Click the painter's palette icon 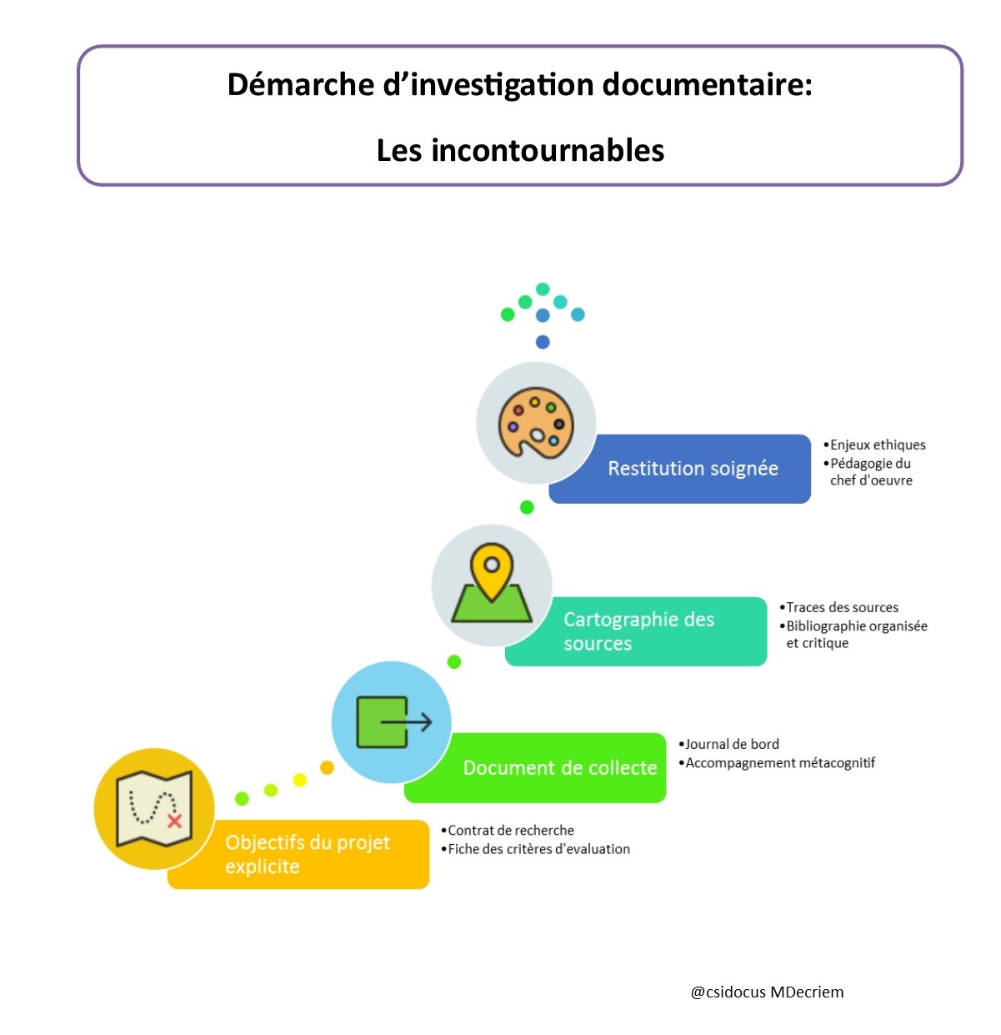pyautogui.click(x=535, y=422)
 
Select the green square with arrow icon pyautogui.click(x=393, y=721)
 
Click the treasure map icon pyautogui.click(x=153, y=807)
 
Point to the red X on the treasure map pyautogui.click(x=174, y=821)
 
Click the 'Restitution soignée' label pyautogui.click(x=692, y=468)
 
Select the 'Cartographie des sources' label pyautogui.click(x=638, y=631)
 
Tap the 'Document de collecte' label pyautogui.click(x=559, y=767)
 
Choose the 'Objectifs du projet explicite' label pyautogui.click(x=307, y=854)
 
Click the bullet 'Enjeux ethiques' pyautogui.click(x=874, y=445)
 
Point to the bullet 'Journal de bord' pyautogui.click(x=728, y=744)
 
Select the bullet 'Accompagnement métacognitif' pyautogui.click(x=776, y=762)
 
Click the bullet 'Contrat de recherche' pyautogui.click(x=507, y=830)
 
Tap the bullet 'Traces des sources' pyautogui.click(x=838, y=607)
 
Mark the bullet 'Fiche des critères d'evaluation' pyautogui.click(x=535, y=848)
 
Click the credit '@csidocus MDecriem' pyautogui.click(x=767, y=992)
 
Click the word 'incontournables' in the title pyautogui.click(x=548, y=150)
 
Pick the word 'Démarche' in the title pyautogui.click(x=300, y=84)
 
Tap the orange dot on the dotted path pyautogui.click(x=327, y=767)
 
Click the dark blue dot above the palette pyautogui.click(x=543, y=341)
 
